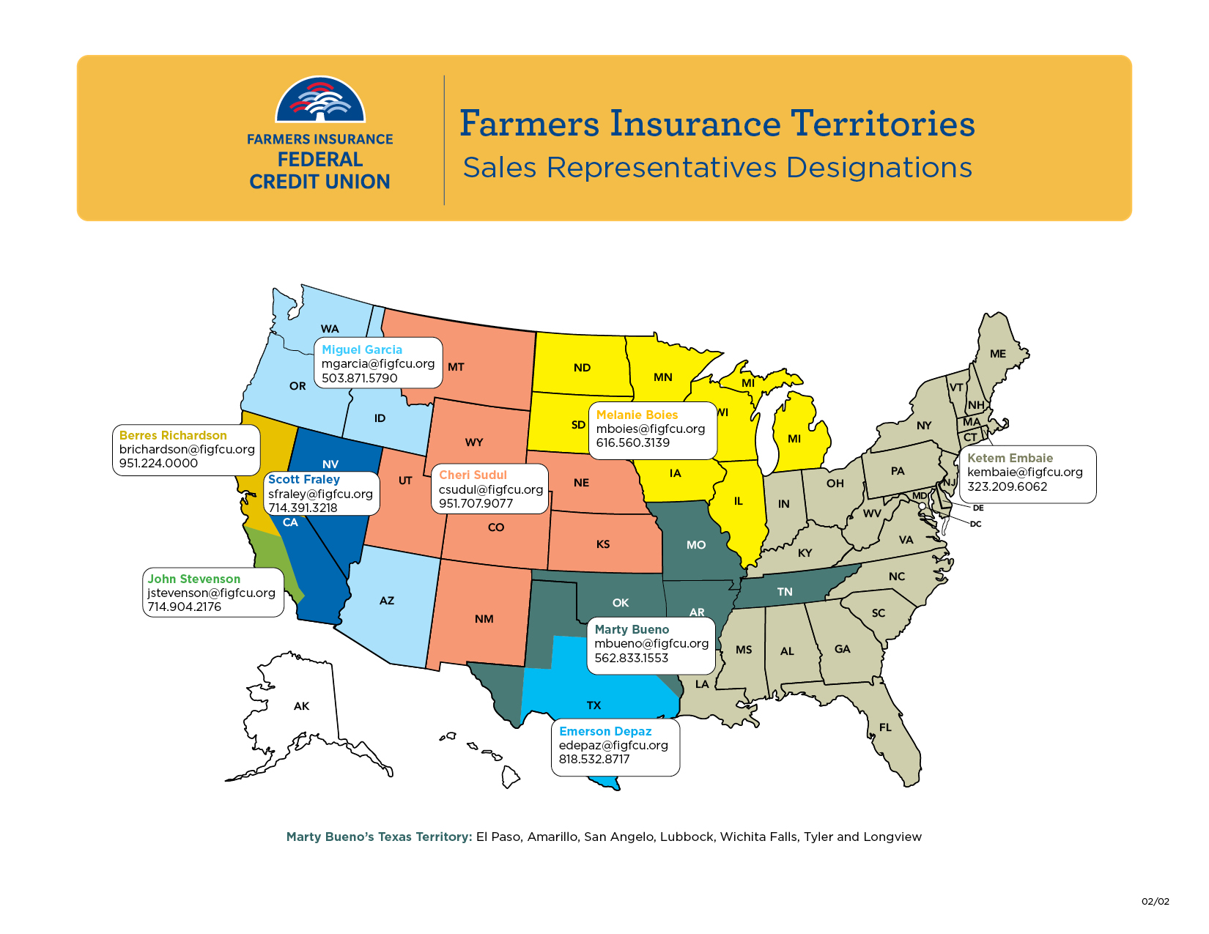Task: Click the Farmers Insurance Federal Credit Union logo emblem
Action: (x=320, y=100)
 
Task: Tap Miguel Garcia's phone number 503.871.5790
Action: (x=359, y=378)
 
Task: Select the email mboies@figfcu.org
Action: (x=650, y=429)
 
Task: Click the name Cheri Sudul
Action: (x=473, y=475)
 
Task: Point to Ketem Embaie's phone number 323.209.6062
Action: (x=1007, y=486)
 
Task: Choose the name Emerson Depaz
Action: (x=605, y=731)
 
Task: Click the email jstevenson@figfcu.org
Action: (x=211, y=593)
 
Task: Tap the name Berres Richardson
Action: (x=173, y=435)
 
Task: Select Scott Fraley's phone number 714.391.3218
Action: (x=303, y=508)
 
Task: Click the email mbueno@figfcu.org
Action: (x=651, y=643)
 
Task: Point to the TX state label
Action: (x=594, y=705)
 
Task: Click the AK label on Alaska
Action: (x=301, y=706)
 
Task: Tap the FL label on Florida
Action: (x=885, y=727)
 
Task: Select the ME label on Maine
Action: (x=998, y=354)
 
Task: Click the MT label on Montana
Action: (x=456, y=367)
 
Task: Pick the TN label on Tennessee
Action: (x=785, y=592)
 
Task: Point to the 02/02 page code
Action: (x=1155, y=901)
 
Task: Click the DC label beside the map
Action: (x=975, y=524)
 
